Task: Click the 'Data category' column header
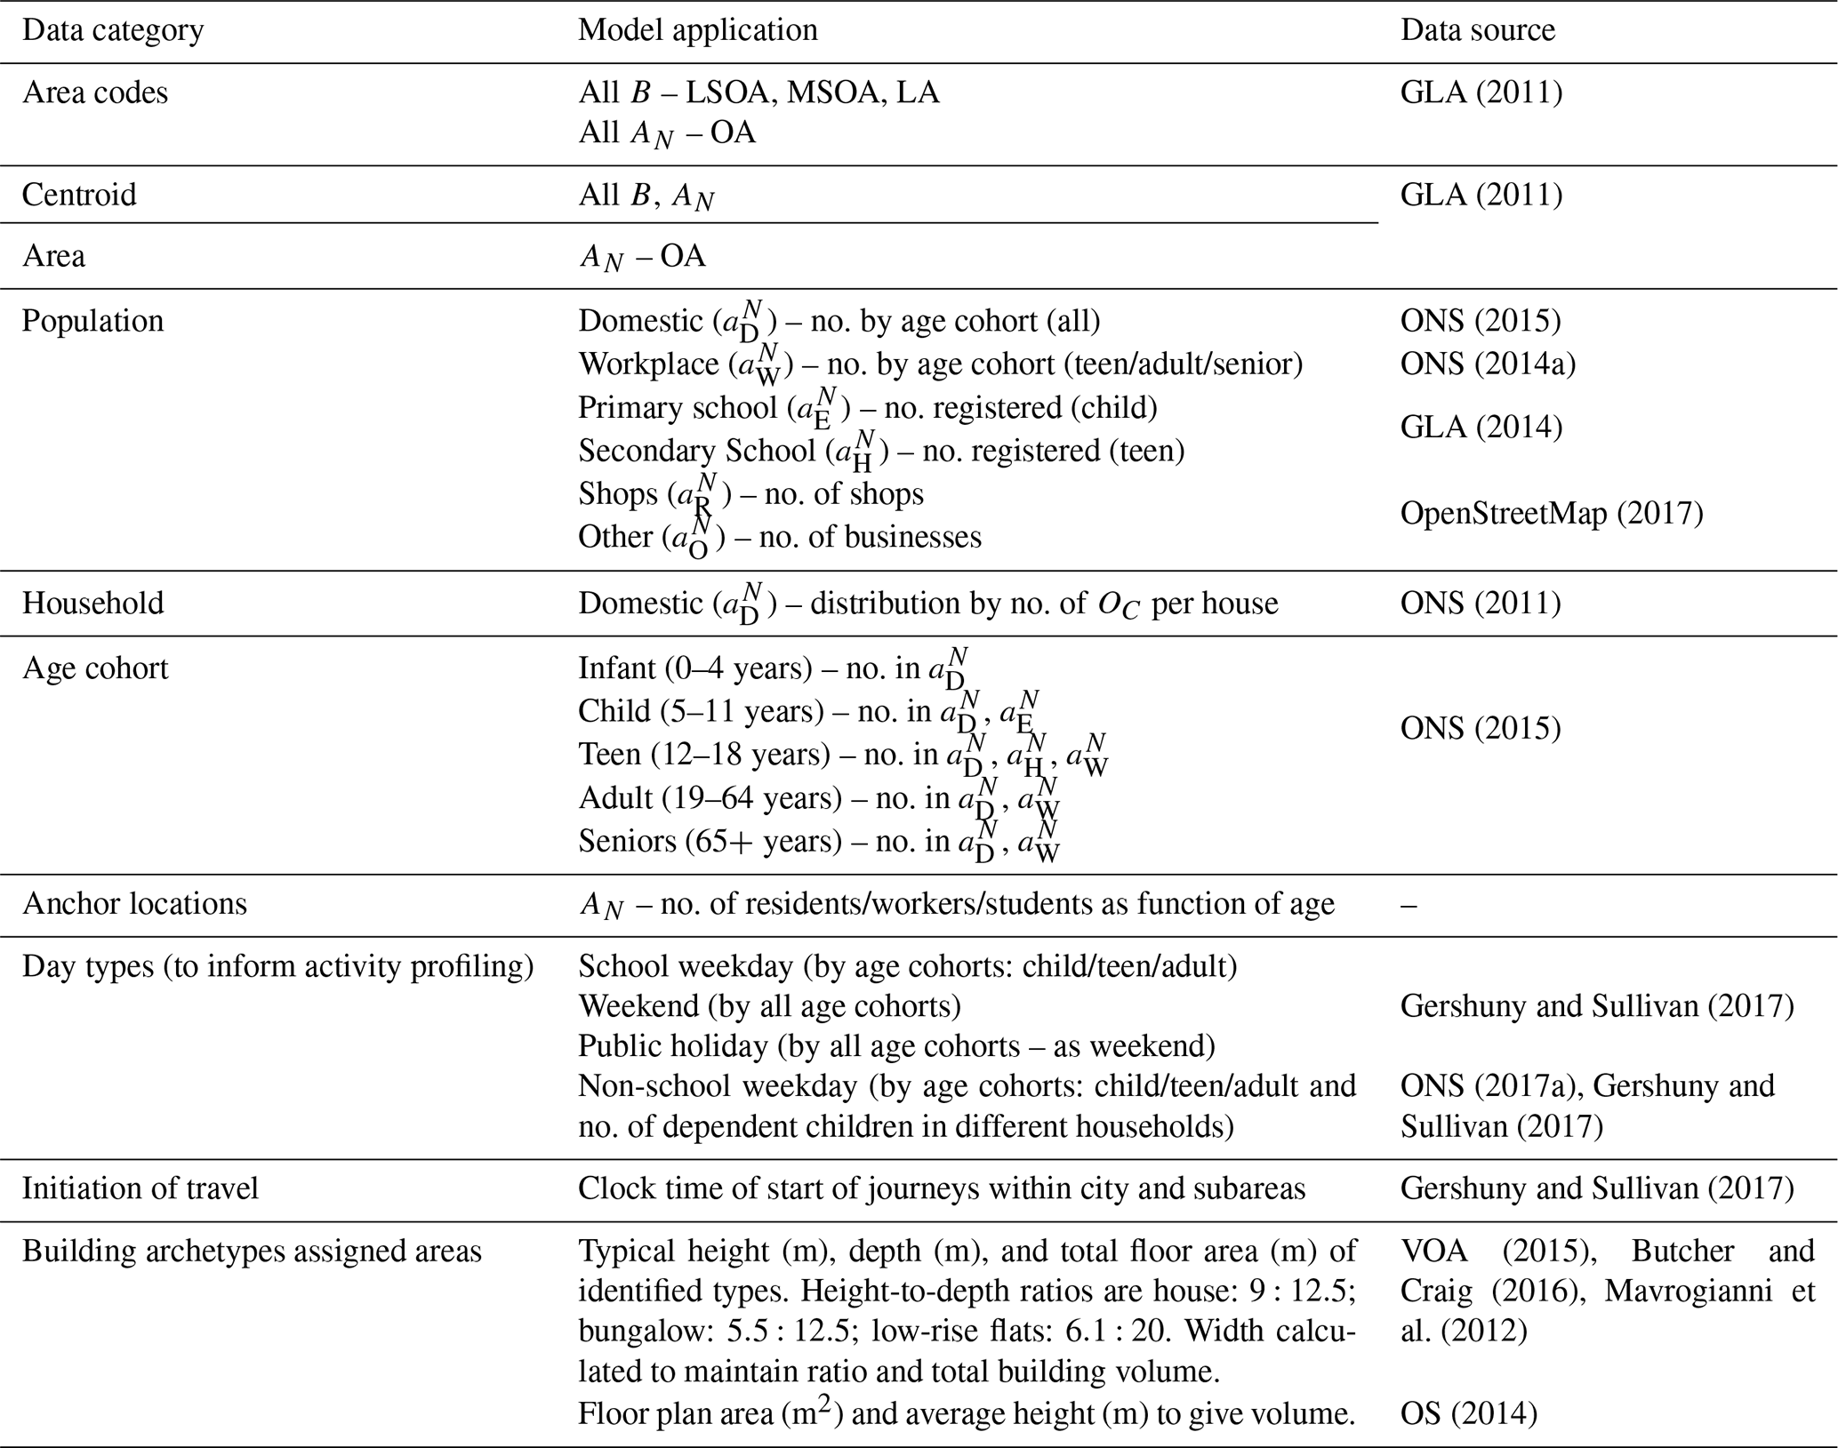pos(113,30)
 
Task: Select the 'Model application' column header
pos(698,30)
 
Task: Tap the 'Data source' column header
pos(1478,30)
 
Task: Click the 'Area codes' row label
pos(95,92)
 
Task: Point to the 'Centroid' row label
pos(79,195)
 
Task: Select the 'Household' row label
pos(93,604)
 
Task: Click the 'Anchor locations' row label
pos(135,904)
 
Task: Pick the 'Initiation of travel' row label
pos(140,1188)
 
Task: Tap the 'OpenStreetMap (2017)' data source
pos(1552,514)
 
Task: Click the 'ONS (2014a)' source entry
pos(1488,364)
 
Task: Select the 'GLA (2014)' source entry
pos(1481,428)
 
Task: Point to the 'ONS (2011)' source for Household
pos(1481,604)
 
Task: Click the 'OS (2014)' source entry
pos(1469,1412)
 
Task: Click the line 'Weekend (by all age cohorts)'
pos(769,1006)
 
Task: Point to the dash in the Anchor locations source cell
pos(1409,904)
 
